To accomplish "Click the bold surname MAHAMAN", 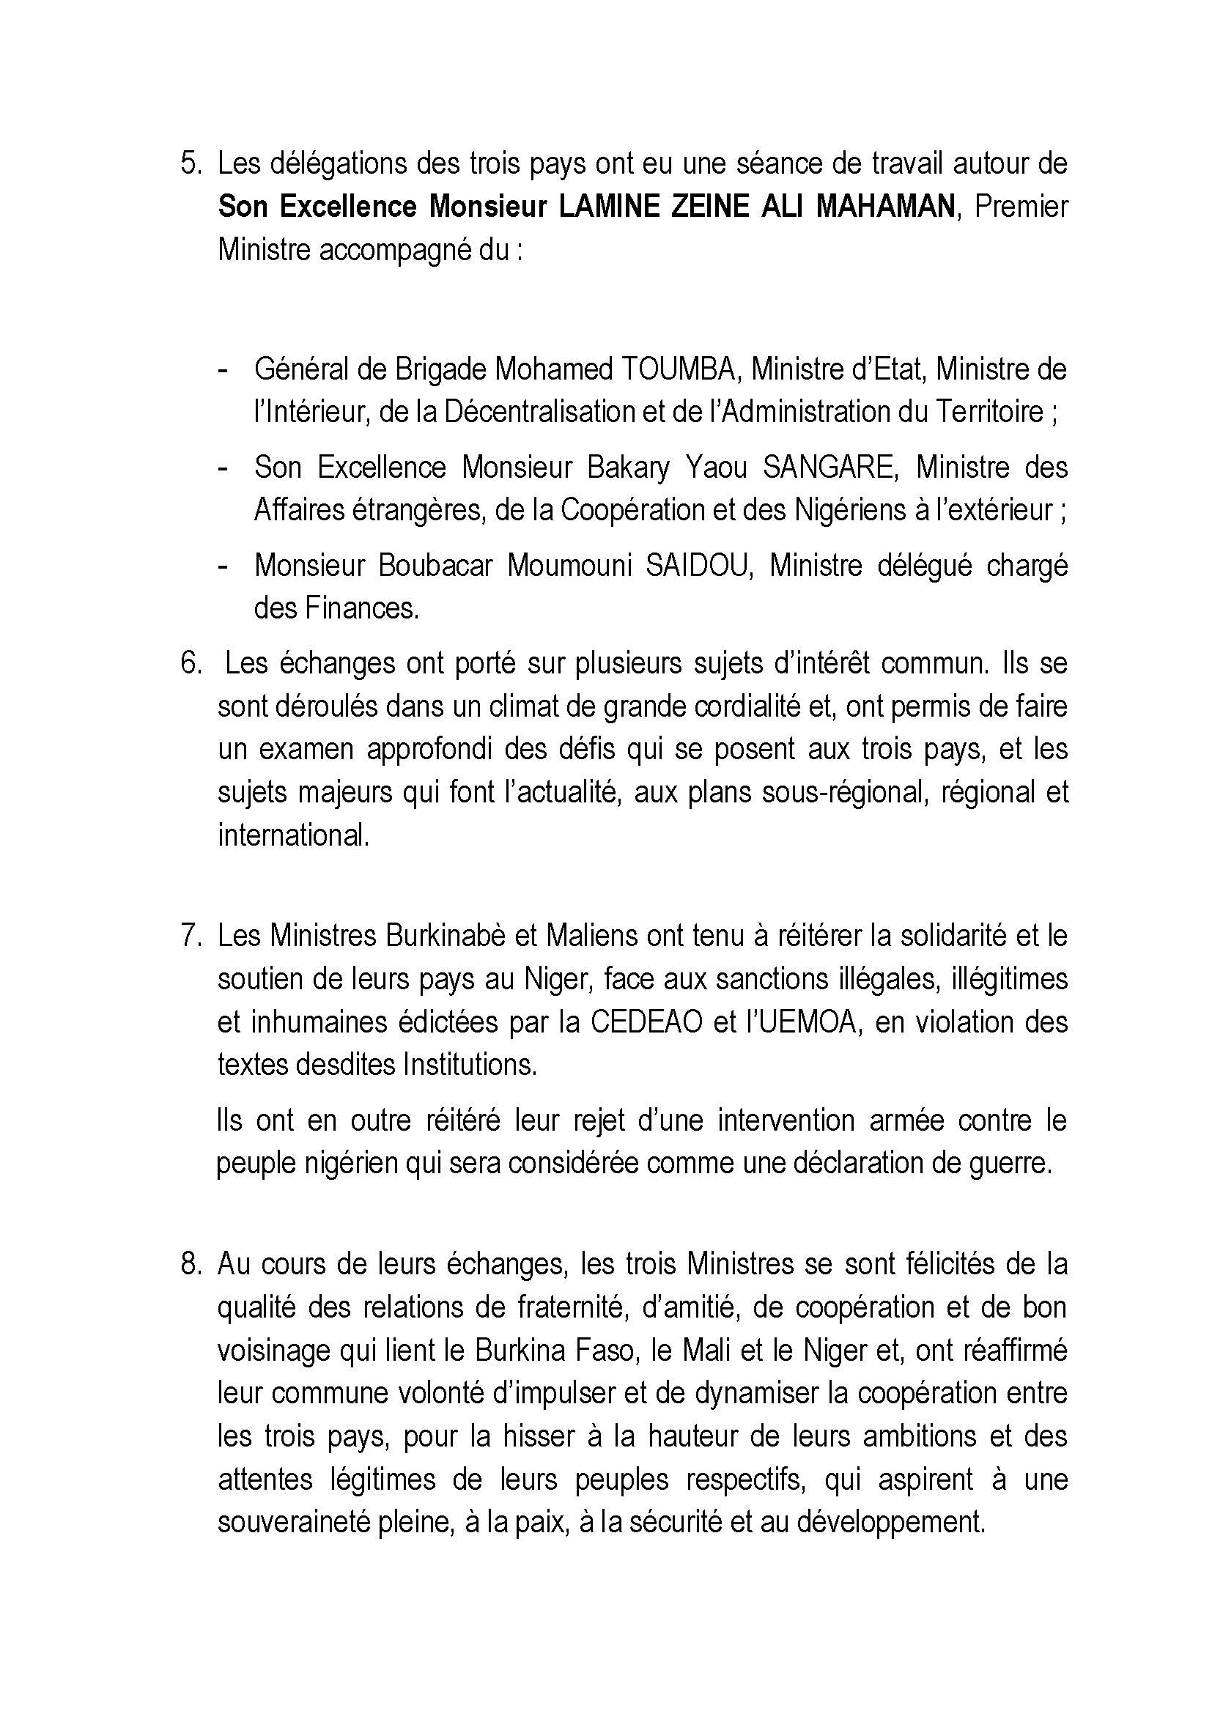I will [x=885, y=207].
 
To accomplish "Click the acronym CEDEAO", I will [x=646, y=1022].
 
